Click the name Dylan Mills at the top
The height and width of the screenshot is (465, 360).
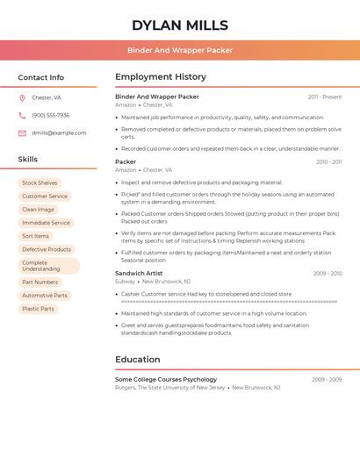pyautogui.click(x=180, y=25)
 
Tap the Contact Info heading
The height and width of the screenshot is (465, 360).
pyautogui.click(x=41, y=77)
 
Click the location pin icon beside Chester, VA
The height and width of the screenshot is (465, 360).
pyautogui.click(x=22, y=98)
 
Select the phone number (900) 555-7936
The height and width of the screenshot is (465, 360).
pyautogui.click(x=50, y=115)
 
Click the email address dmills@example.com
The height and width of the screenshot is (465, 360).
pyautogui.click(x=59, y=132)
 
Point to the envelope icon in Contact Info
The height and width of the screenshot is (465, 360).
pyautogui.click(x=22, y=132)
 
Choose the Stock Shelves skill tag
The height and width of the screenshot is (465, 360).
pyautogui.click(x=40, y=183)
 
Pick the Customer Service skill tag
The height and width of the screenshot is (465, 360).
pyautogui.click(x=45, y=197)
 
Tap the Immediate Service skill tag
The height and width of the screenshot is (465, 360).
pyautogui.click(x=46, y=223)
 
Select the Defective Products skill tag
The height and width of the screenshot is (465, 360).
pyautogui.click(x=47, y=249)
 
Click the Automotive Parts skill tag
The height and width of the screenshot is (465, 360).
pyautogui.click(x=44, y=296)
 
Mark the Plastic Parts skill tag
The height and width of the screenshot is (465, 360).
pyautogui.click(x=38, y=309)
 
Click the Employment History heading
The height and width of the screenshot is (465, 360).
pyautogui.click(x=161, y=77)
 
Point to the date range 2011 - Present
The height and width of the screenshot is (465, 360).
pyautogui.click(x=325, y=97)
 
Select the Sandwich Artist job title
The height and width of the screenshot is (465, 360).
pyautogui.click(x=139, y=273)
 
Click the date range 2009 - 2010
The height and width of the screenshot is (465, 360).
pyautogui.click(x=328, y=274)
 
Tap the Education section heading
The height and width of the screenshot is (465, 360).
pyautogui.click(x=137, y=359)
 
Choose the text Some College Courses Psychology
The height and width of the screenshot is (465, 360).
pyautogui.click(x=166, y=379)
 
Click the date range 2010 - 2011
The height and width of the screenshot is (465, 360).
pyautogui.click(x=329, y=161)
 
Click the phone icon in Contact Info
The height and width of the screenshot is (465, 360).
pyautogui.click(x=22, y=115)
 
